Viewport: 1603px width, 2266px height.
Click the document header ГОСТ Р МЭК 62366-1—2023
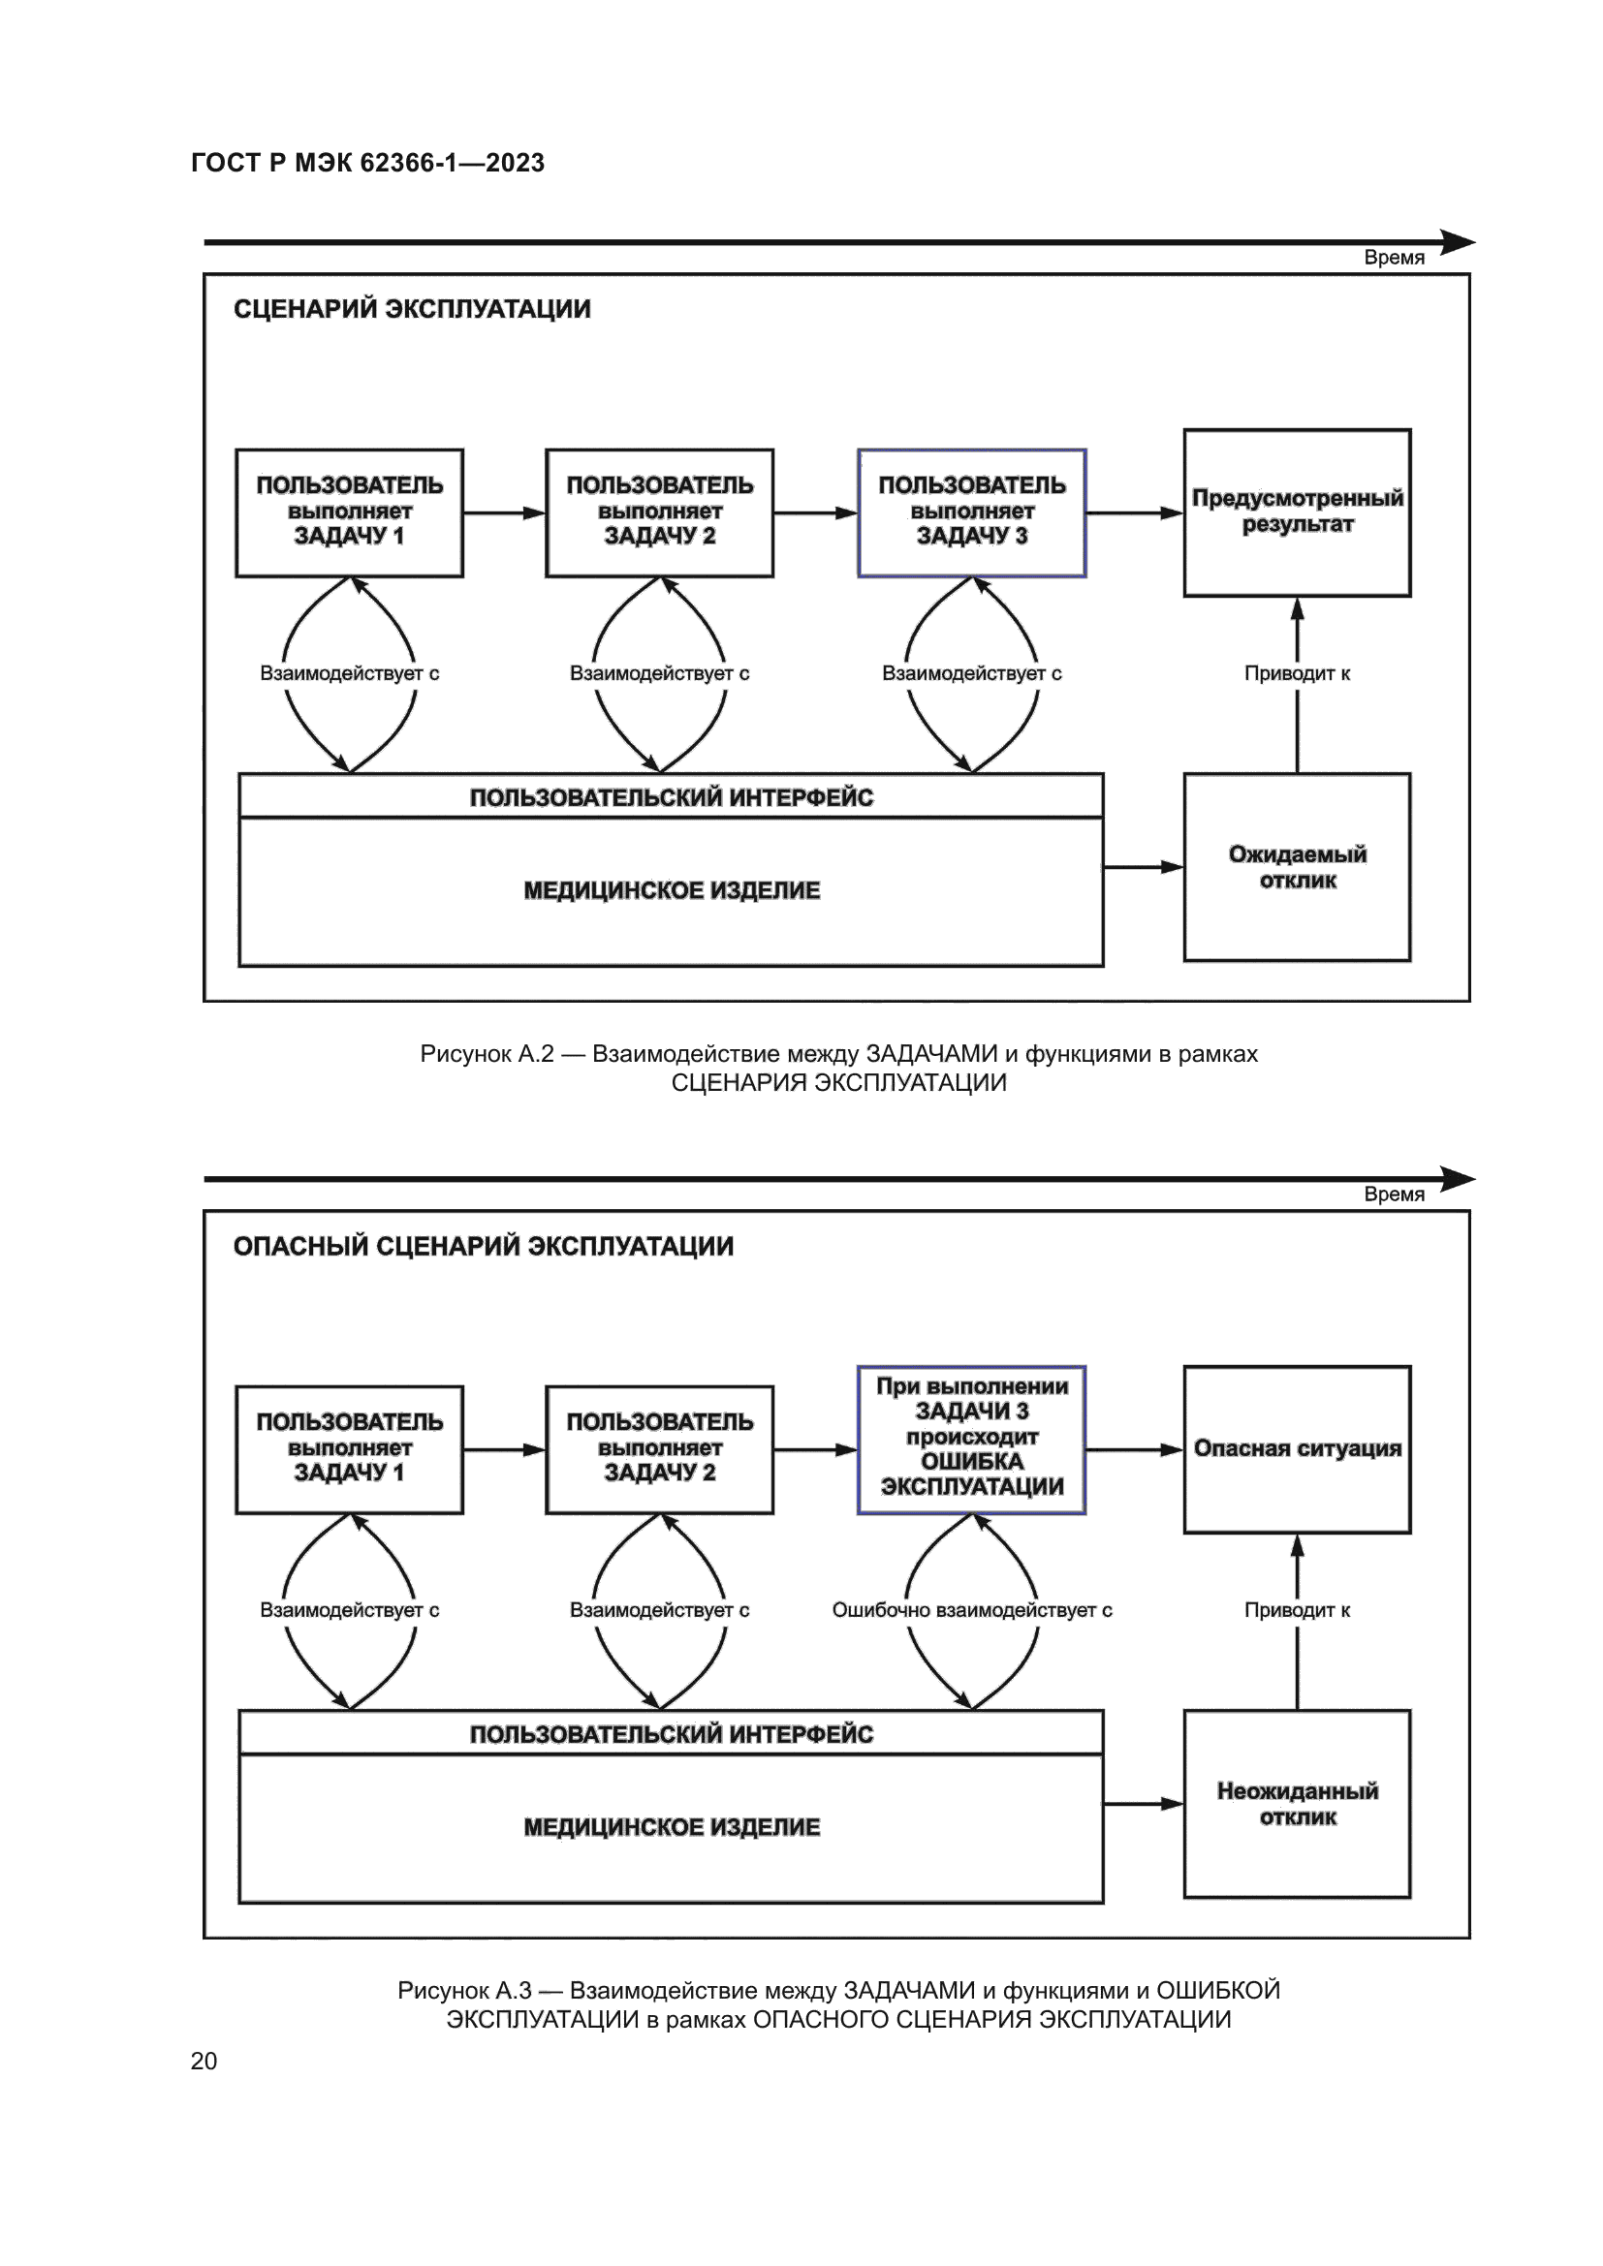(367, 163)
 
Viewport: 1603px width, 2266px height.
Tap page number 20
(204, 2061)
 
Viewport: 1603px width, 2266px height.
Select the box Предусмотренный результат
(1297, 512)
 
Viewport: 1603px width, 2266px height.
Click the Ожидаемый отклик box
(1297, 867)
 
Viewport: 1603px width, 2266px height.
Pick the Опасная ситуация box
(1297, 1448)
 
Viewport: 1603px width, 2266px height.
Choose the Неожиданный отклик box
(1297, 1804)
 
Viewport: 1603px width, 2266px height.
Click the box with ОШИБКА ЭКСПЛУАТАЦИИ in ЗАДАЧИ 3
(971, 1439)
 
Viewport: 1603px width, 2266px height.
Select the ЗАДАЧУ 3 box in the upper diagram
(971, 512)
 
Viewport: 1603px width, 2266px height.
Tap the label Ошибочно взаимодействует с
(971, 1610)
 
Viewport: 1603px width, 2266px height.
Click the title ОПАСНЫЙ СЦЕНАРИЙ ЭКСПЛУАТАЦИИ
(484, 1247)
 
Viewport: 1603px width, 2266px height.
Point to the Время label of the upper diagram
(1394, 258)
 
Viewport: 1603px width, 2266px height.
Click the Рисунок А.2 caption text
(839, 1068)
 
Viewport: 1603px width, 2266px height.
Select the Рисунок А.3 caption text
(839, 2004)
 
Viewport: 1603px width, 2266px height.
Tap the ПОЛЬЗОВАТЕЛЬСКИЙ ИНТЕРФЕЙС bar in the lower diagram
(672, 1734)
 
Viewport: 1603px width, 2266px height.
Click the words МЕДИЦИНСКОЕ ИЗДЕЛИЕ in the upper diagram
(672, 890)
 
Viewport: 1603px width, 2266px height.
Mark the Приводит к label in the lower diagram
(1297, 1610)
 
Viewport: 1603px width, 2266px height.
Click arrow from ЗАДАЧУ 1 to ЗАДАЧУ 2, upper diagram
(504, 513)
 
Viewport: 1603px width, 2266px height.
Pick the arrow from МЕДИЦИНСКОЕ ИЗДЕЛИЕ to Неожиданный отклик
(1143, 1804)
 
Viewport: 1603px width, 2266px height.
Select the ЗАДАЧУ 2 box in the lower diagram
(659, 1448)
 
